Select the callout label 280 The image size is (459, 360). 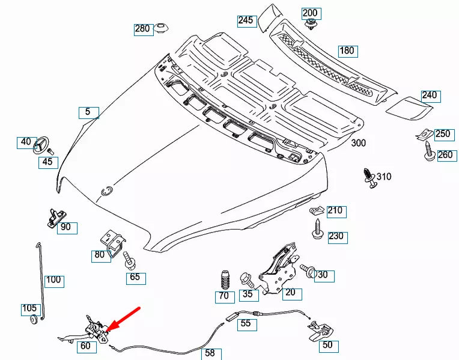point(142,29)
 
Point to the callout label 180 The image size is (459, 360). point(347,51)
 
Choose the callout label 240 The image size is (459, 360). point(429,95)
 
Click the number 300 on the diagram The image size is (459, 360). point(358,143)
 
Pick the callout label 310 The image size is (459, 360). point(384,176)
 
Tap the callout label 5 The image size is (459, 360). point(88,112)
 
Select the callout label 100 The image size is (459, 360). point(53,280)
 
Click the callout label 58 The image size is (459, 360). point(210,353)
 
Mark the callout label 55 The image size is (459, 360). point(246,323)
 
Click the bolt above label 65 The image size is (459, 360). point(128,260)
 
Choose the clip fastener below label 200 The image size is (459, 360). point(311,25)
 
